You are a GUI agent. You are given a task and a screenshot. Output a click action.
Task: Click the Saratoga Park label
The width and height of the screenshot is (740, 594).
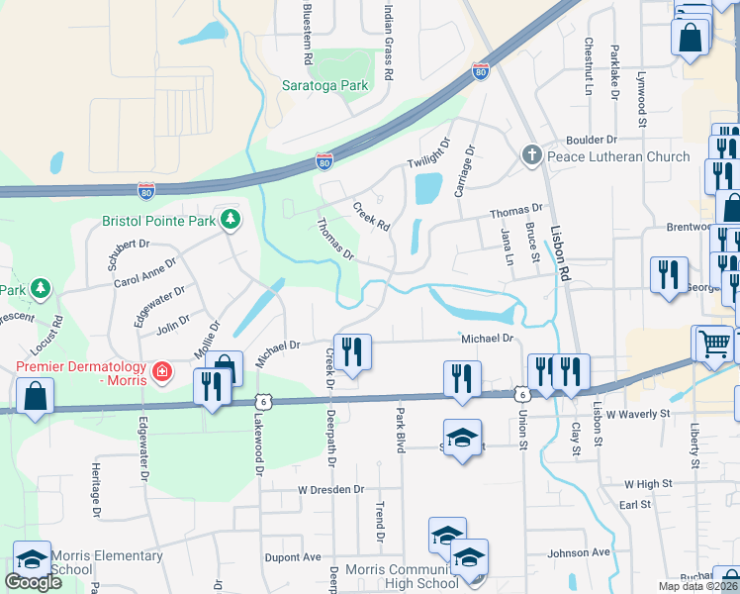click(x=325, y=85)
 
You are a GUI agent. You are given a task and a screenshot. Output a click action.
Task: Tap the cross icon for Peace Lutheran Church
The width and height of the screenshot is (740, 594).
click(x=531, y=156)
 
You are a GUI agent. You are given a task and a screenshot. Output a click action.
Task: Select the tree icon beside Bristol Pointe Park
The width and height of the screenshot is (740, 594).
click(x=230, y=219)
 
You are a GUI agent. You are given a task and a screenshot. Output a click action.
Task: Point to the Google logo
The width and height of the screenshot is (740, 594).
click(x=34, y=582)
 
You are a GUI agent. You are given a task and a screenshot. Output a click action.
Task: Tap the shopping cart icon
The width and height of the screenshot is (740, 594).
click(x=713, y=343)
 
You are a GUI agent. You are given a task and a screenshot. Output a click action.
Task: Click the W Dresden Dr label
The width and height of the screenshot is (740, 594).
click(x=331, y=489)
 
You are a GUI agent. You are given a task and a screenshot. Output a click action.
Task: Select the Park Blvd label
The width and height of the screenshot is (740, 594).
click(x=401, y=431)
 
